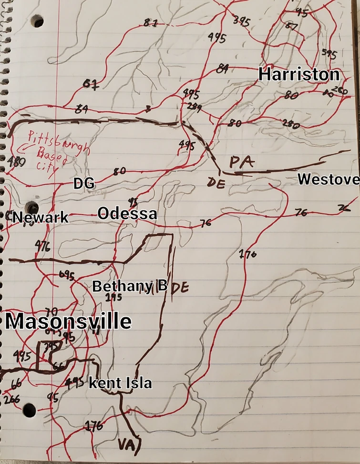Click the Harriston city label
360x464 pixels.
coord(299,74)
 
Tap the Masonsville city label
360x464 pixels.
coord(68,322)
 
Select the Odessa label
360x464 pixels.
coord(127,214)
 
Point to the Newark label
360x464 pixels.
coord(40,218)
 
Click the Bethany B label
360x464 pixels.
coord(130,286)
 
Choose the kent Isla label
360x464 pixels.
coord(120,383)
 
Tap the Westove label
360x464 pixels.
coord(328,179)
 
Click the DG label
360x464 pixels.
coord(84,183)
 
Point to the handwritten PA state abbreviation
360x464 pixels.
coord(241,162)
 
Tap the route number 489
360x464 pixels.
coord(16,162)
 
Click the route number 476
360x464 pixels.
coord(43,246)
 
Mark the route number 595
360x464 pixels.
coord(329,53)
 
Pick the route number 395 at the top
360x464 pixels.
coord(241,20)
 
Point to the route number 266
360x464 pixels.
coord(11,399)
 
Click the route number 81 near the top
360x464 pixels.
coord(150,22)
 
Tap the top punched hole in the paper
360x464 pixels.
coord(36,21)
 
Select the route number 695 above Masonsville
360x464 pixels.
coord(66,275)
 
